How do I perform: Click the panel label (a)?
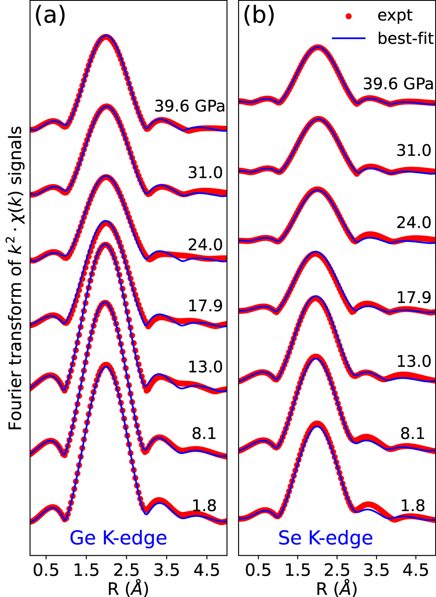coord(50,16)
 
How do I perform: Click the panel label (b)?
coord(259,16)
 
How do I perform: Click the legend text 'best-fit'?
coord(405,38)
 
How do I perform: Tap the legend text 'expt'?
coord(395,16)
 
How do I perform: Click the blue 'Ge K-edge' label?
coord(118,538)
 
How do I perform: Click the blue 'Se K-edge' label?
coord(325,538)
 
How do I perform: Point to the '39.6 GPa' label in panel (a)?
coord(189,106)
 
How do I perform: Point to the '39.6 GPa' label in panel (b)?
coord(398,84)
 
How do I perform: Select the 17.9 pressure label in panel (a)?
coord(205,305)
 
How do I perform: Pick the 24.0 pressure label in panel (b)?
coord(414,222)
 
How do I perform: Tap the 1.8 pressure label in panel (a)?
coord(204,506)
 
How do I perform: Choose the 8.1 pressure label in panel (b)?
coord(413,433)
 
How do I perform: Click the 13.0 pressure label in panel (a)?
coord(205,367)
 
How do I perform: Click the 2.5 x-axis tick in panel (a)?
coord(126,570)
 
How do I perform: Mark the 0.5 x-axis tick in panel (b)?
coord(258,570)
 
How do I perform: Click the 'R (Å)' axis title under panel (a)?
coord(128,589)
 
